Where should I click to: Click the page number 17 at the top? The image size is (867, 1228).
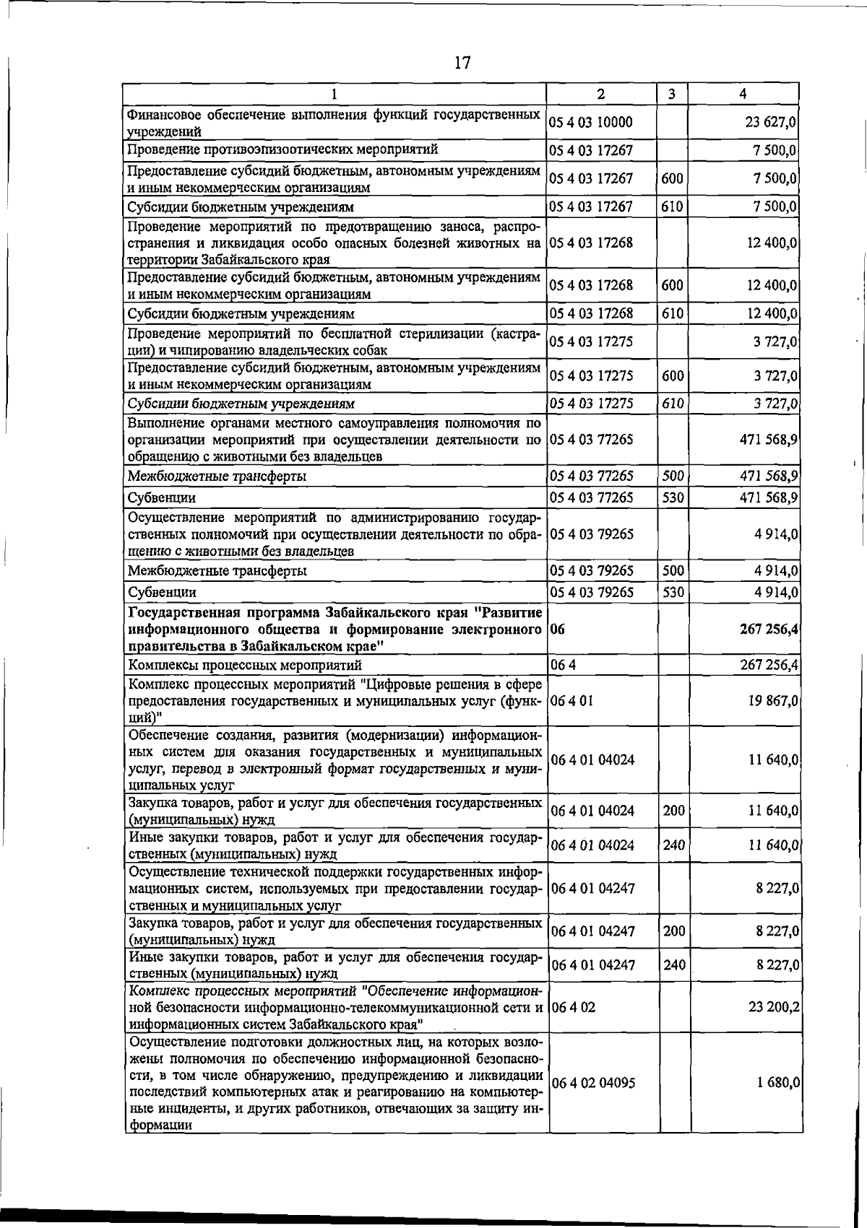(462, 64)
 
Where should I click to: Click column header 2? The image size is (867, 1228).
(600, 94)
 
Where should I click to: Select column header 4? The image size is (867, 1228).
(743, 94)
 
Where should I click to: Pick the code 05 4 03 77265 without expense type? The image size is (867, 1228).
(591, 439)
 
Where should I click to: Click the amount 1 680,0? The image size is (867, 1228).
(777, 1083)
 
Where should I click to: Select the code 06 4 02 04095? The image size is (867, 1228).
(593, 1083)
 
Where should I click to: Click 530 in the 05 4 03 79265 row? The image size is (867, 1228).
(673, 592)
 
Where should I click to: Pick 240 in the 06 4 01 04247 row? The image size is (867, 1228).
(674, 964)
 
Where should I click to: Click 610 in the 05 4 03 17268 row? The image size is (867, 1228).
(672, 313)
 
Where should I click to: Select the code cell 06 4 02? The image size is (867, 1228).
(574, 1006)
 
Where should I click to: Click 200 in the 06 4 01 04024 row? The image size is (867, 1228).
(674, 811)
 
